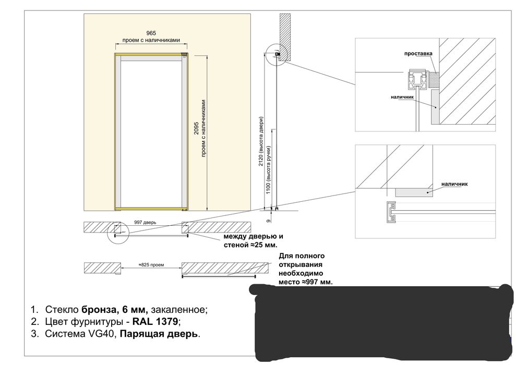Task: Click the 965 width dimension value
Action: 151,33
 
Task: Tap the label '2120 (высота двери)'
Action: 261,141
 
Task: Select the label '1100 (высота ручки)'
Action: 268,169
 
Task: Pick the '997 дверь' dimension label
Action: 146,222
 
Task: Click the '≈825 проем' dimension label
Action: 151,265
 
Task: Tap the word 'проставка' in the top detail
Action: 418,54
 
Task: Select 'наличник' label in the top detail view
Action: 402,97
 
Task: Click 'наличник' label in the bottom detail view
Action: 454,184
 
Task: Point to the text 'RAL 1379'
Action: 155,321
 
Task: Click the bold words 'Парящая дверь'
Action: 159,334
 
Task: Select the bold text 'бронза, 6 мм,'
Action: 115,309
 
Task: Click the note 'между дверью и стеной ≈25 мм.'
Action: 254,241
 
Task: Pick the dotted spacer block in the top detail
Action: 434,80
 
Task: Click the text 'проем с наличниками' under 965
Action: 151,40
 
